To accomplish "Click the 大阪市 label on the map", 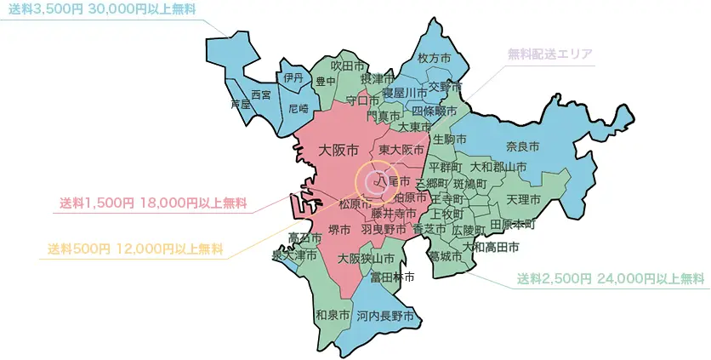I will [x=338, y=151].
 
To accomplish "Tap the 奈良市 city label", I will [x=523, y=146].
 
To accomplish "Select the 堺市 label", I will [x=340, y=230].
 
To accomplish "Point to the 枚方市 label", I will [x=434, y=59].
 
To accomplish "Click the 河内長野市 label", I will [x=385, y=316].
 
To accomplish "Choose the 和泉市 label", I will [x=333, y=315].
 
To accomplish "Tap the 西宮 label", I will [x=261, y=94].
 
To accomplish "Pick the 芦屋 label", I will [x=241, y=105].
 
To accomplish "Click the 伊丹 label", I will [x=293, y=77].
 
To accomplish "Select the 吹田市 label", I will [x=348, y=65].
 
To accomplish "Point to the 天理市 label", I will [x=523, y=198].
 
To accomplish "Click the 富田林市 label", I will [x=393, y=277].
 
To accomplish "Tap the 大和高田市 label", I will [x=491, y=247].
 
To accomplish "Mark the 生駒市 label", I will [x=449, y=138].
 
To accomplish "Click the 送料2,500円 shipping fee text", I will [x=556, y=278].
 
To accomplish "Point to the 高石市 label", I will [x=304, y=237].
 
